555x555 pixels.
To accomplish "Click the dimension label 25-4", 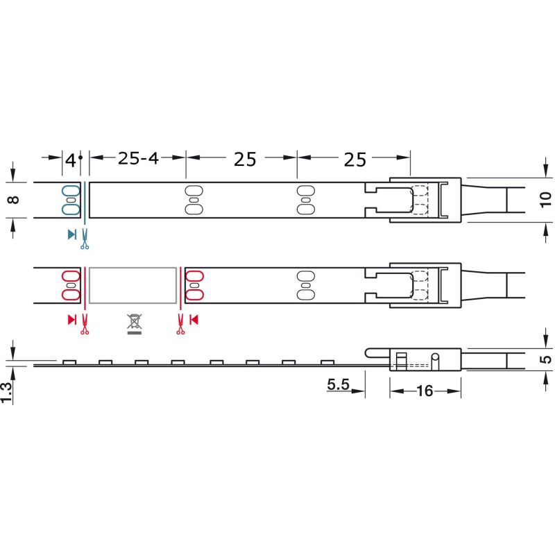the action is pyautogui.click(x=138, y=158).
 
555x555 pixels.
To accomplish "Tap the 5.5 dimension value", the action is pyautogui.click(x=338, y=384).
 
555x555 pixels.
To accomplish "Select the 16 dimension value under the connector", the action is pyautogui.click(x=425, y=391).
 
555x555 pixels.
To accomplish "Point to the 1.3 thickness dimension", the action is pyautogui.click(x=6, y=392).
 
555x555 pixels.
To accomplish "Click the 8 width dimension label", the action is pyautogui.click(x=13, y=200).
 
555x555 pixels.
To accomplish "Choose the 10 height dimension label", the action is pyautogui.click(x=546, y=200).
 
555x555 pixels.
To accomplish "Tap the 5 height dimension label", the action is pyautogui.click(x=546, y=359).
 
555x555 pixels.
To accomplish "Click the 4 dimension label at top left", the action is pyautogui.click(x=71, y=160).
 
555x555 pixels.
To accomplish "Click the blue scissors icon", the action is pyautogui.click(x=85, y=239).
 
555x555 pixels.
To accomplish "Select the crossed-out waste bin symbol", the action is pyautogui.click(x=135, y=323).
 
